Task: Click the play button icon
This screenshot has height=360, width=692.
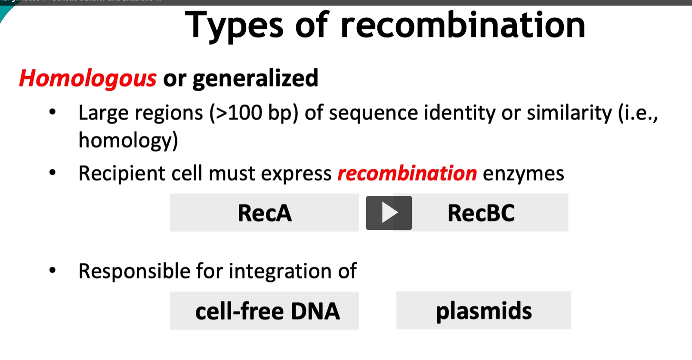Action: (389, 213)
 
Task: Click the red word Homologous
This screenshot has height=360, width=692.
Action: (88, 79)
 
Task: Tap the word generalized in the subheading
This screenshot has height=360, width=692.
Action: (255, 79)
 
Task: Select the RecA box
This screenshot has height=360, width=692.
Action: (264, 213)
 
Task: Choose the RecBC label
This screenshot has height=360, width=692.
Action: (481, 213)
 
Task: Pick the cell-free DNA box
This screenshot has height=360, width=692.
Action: (264, 311)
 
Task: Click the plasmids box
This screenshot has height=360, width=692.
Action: (484, 310)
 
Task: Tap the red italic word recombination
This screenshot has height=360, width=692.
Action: (407, 173)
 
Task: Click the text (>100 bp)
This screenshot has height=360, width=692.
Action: (253, 113)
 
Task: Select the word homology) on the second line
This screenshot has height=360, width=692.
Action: (128, 140)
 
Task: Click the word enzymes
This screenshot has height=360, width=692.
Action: (523, 174)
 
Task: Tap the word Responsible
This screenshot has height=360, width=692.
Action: (134, 271)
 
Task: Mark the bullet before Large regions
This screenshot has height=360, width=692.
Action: (53, 112)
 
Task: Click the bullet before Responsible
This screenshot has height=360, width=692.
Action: (53, 270)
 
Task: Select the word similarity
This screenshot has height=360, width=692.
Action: (569, 113)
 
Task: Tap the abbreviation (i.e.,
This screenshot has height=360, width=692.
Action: (638, 113)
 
